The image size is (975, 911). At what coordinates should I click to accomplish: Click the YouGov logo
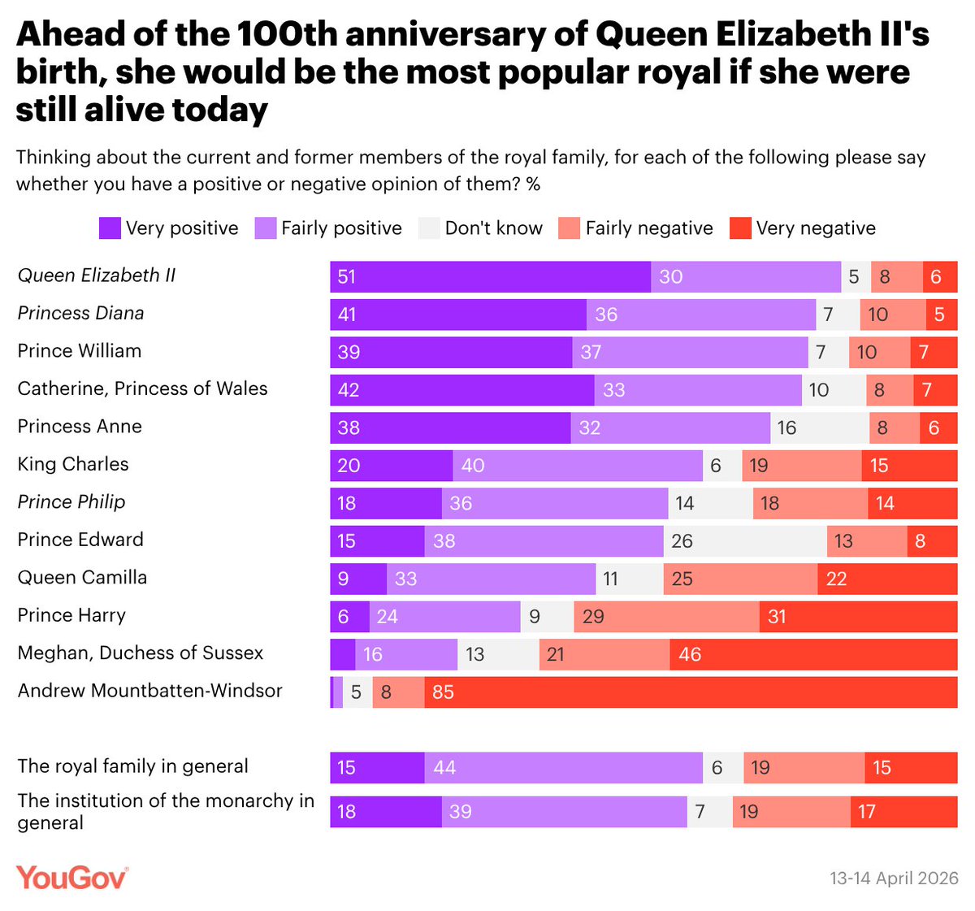pos(71,878)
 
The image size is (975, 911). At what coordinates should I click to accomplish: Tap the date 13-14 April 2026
pos(894,878)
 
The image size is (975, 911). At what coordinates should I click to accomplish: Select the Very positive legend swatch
pos(110,228)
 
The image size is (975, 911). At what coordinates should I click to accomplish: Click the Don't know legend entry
pos(481,228)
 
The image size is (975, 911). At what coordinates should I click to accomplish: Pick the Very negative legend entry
pos(804,228)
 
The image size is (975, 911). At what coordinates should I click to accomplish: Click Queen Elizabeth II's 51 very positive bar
pos(490,277)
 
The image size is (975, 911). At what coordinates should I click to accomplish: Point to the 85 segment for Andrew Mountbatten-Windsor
pos(691,692)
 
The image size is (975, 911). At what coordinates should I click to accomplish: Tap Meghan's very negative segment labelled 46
pos(813,654)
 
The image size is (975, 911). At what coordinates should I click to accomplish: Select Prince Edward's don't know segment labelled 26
pos(745,541)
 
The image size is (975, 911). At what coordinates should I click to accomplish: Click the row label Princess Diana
pos(80,313)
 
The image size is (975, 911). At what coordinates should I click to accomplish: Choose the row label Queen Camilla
pos(82,577)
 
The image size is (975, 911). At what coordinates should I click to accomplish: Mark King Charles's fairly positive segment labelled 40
pos(577,466)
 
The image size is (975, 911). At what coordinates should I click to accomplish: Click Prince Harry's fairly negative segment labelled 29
pos(666,617)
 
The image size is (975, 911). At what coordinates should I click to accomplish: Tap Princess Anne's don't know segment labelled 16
pos(819,428)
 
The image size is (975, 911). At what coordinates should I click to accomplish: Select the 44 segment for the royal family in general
pos(563,768)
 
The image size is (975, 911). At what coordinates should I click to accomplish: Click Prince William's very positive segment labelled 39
pos(451,353)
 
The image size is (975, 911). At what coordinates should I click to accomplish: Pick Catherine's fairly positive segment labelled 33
pos(698,390)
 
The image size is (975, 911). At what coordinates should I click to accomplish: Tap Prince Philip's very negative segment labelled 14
pos(912,504)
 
